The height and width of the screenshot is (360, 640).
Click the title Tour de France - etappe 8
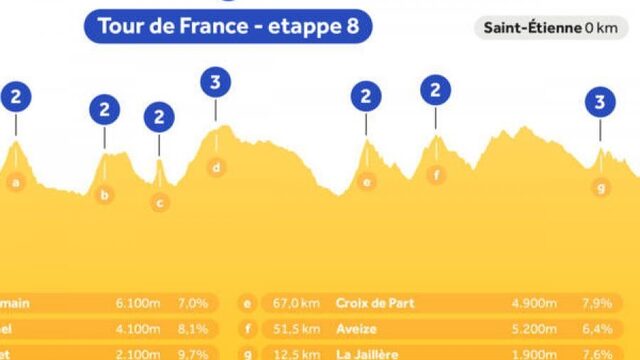pyautogui.click(x=228, y=26)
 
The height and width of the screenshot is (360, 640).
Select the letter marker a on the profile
pyautogui.click(x=15, y=182)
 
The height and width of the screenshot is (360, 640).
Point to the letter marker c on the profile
pyautogui.click(x=159, y=202)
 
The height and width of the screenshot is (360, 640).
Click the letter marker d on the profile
pyautogui.click(x=216, y=167)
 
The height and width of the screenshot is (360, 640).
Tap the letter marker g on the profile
pyautogui.click(x=600, y=186)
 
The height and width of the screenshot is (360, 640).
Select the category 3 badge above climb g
pyautogui.click(x=600, y=101)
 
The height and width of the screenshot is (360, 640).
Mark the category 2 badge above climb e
pyautogui.click(x=367, y=97)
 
